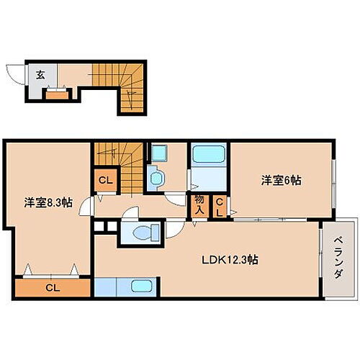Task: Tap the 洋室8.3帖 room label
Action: (48, 202)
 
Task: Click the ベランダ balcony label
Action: (337, 258)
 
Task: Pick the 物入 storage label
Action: (199, 206)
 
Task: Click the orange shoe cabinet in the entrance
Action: (55, 92)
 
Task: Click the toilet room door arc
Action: (175, 232)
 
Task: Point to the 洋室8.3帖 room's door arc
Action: (86, 207)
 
